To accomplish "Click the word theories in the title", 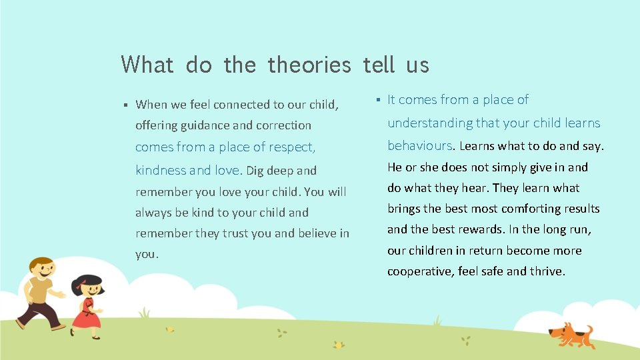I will [309, 65].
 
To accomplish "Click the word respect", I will [290, 147].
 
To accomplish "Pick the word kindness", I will [159, 170].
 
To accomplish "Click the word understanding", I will [430, 123].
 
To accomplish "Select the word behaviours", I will [420, 145].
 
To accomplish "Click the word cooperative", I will [419, 271].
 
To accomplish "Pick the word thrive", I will [547, 271].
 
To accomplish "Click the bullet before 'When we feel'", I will [125, 105].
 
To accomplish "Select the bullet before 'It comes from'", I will [377, 100].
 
